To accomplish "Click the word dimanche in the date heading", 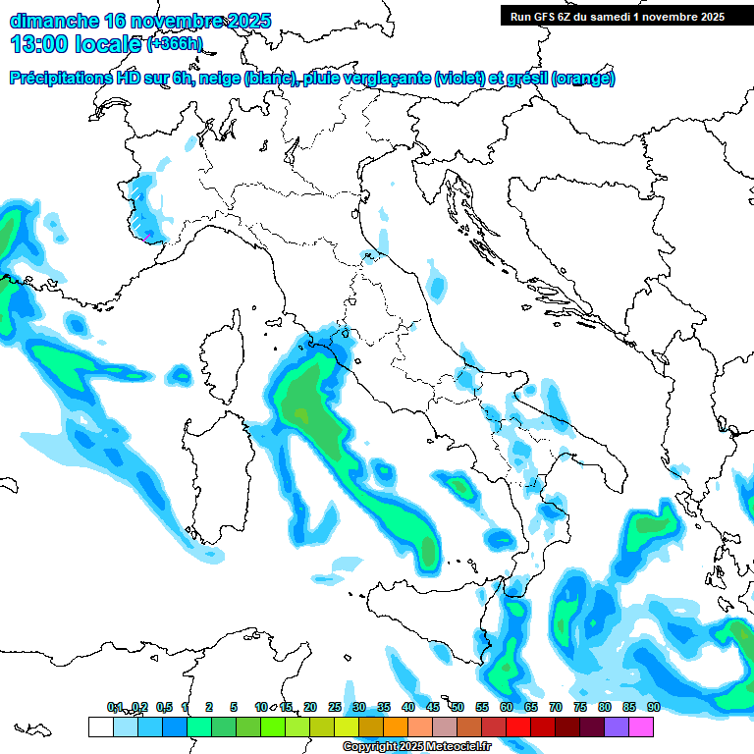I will [53, 21].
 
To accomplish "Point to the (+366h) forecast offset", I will [175, 44].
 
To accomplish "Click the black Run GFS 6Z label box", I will [618, 16].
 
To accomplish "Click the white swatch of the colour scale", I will [100, 727].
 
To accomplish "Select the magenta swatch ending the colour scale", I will [641, 727].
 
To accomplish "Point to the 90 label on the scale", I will [653, 707].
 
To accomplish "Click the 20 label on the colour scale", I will [310, 707].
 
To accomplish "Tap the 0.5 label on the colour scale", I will [163, 707].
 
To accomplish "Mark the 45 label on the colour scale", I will [433, 707].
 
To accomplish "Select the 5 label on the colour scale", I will [234, 707].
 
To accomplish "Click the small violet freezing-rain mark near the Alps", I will [146, 236].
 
